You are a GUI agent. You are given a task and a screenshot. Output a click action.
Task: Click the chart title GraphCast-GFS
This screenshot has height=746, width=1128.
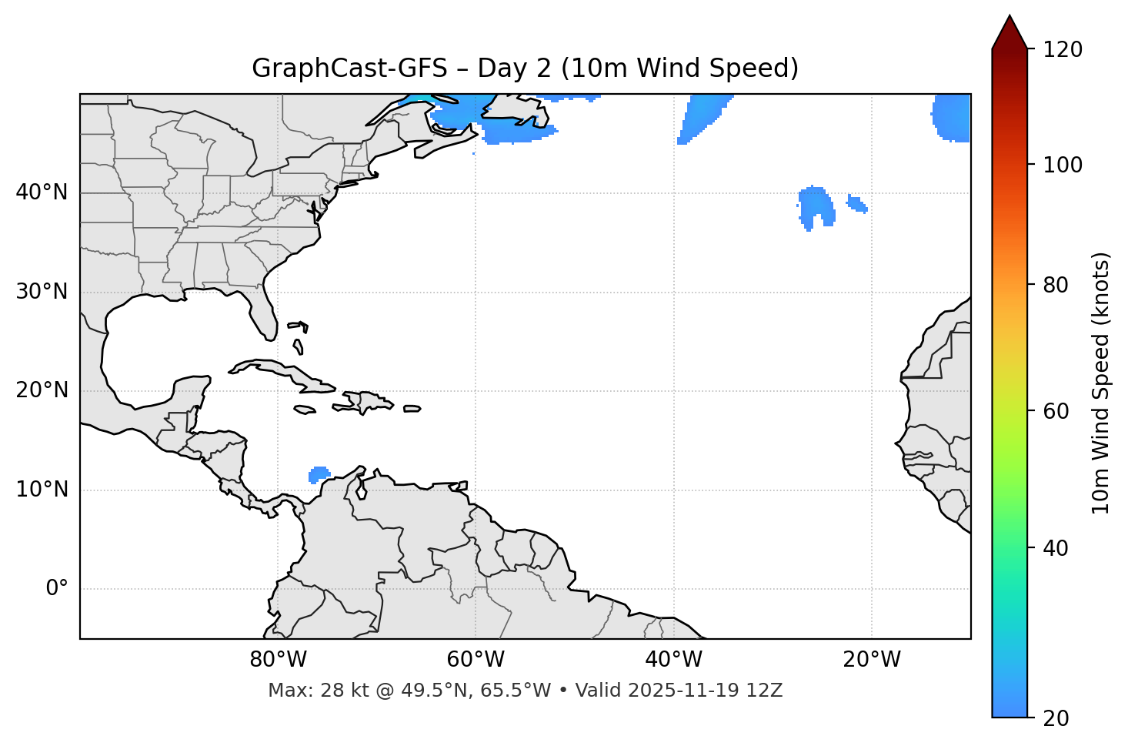click(x=525, y=69)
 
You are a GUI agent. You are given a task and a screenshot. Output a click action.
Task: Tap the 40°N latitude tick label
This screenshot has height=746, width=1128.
click(x=42, y=192)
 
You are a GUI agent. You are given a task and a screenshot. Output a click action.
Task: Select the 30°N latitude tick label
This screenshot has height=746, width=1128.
click(x=42, y=292)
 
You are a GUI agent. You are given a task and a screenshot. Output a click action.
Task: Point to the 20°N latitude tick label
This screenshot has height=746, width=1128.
click(x=42, y=390)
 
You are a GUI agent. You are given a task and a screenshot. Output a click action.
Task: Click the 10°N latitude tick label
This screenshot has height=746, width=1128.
click(x=42, y=490)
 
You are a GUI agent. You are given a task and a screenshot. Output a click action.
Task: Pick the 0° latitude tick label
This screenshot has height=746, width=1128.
click(x=57, y=589)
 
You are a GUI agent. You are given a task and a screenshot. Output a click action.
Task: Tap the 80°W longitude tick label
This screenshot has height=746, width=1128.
click(x=278, y=660)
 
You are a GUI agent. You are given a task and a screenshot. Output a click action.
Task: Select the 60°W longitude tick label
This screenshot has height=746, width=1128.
click(x=476, y=660)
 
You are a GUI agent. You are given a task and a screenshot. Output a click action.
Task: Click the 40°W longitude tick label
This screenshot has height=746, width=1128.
click(x=673, y=660)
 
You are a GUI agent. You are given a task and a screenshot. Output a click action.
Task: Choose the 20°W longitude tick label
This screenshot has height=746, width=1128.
click(x=871, y=660)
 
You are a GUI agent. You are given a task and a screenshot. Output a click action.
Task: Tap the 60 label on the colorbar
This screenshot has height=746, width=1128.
click(x=1056, y=411)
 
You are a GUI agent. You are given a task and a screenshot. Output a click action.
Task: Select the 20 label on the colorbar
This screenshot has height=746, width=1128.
click(x=1056, y=718)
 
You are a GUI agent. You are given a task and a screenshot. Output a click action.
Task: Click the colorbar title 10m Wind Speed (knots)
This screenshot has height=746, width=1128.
click(x=1101, y=383)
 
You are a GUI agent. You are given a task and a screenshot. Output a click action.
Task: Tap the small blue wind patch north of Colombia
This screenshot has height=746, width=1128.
click(x=319, y=473)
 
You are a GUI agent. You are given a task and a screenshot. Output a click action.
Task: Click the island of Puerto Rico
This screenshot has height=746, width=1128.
click(x=412, y=409)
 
